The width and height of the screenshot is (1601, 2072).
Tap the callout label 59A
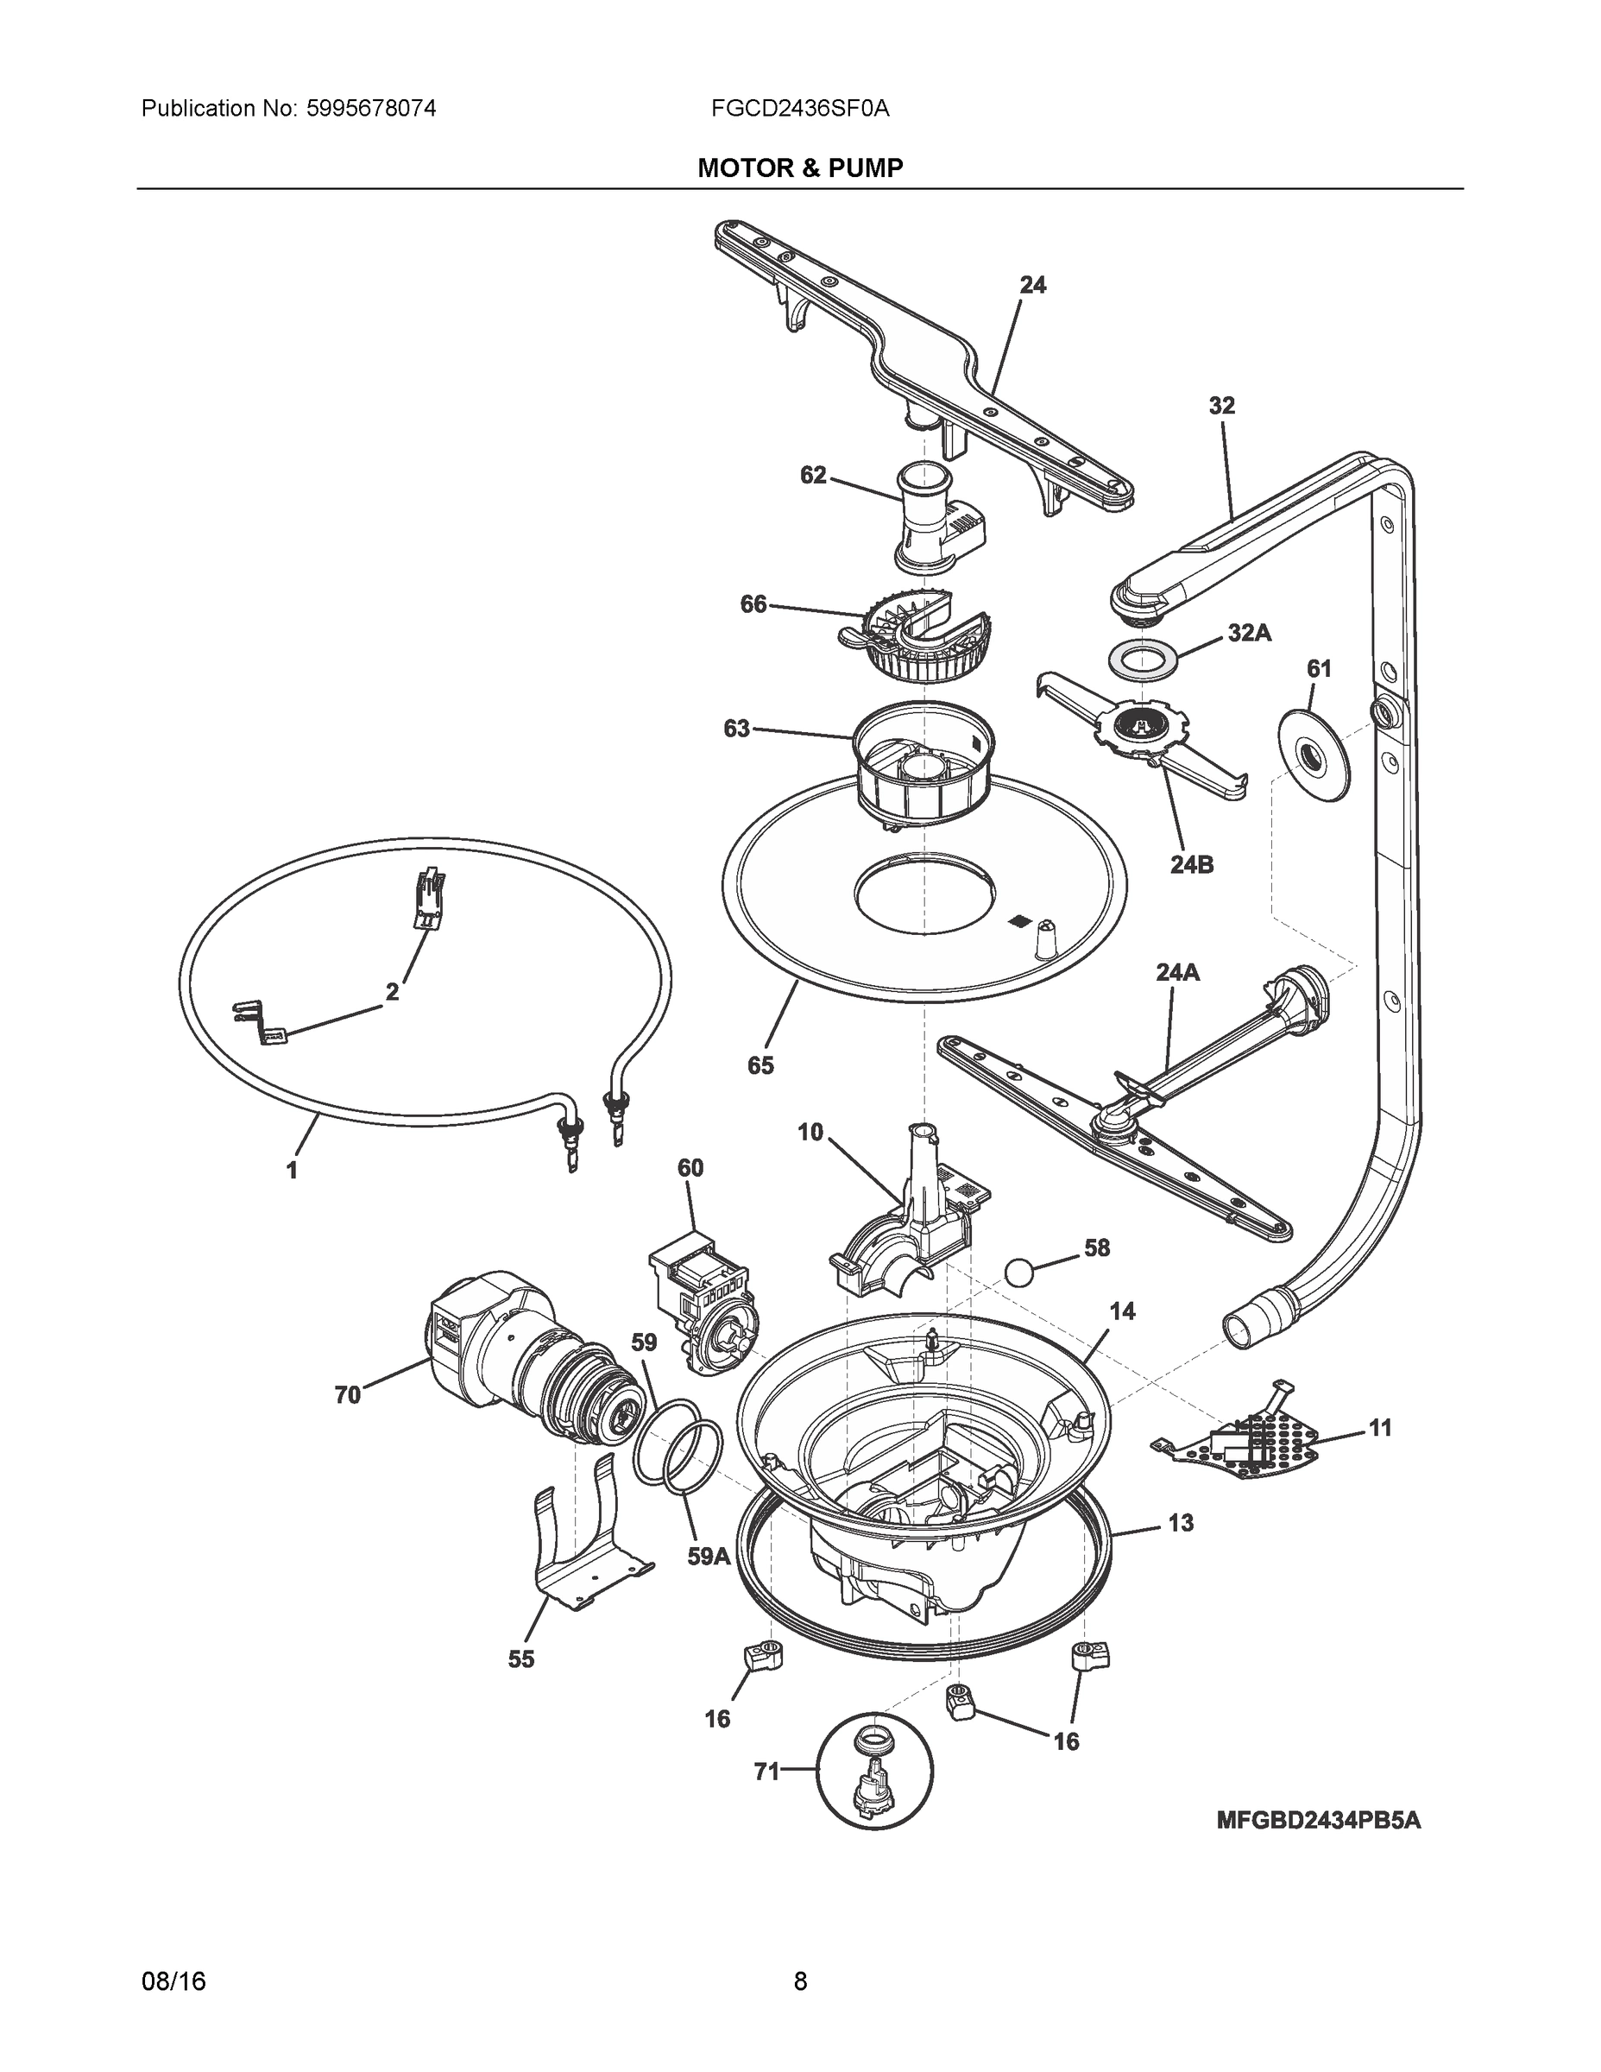tap(709, 1557)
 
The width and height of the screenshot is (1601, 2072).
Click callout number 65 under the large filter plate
tap(760, 1065)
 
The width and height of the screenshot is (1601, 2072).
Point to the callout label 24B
tap(1191, 864)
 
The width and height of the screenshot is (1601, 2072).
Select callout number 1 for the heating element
tap(293, 1171)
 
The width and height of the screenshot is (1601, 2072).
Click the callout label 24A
tap(1177, 971)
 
